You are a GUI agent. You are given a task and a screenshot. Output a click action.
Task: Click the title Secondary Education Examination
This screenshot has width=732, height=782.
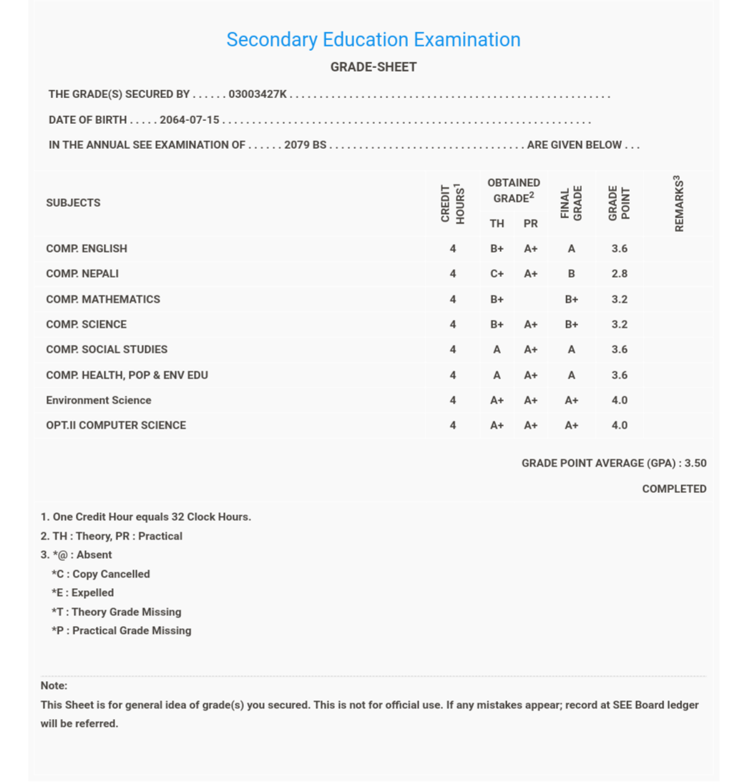click(x=373, y=40)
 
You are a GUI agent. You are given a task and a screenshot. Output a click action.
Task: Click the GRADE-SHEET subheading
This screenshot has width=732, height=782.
click(x=373, y=67)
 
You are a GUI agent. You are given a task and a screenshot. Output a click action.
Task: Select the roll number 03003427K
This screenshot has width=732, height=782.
click(x=258, y=94)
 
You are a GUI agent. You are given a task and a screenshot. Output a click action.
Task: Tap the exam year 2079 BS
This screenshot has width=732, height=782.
click(x=305, y=145)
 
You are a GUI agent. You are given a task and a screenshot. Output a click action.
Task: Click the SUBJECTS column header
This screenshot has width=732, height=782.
click(x=73, y=203)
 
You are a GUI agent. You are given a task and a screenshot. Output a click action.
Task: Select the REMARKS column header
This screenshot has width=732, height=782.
click(x=679, y=204)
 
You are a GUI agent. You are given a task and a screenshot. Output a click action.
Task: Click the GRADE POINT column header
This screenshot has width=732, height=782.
click(x=619, y=203)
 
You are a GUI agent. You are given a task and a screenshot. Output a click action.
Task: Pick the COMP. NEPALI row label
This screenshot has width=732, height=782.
click(x=82, y=274)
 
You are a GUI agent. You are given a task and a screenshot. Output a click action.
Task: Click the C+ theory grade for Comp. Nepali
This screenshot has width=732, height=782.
click(x=497, y=274)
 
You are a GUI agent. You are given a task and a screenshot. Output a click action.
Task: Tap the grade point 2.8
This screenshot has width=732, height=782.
click(x=619, y=274)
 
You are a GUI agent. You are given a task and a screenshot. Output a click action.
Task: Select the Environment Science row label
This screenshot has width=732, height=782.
click(x=99, y=401)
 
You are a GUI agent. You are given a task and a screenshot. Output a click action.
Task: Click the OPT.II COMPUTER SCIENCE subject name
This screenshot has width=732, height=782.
click(x=116, y=426)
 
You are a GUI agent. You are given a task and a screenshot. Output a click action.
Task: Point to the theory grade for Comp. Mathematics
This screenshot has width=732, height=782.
click(x=497, y=300)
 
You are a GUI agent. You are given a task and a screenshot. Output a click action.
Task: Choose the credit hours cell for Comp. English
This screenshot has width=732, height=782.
click(x=452, y=249)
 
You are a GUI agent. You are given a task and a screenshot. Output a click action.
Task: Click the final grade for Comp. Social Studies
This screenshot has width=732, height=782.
click(x=571, y=350)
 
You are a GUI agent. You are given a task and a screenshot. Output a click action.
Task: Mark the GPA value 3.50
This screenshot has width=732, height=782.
click(x=695, y=464)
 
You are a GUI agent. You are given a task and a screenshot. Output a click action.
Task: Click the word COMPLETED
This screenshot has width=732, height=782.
click(x=674, y=489)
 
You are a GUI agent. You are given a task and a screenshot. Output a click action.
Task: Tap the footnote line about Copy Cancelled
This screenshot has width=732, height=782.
click(x=101, y=575)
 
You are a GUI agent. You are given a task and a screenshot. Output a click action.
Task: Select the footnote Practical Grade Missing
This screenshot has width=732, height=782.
click(x=122, y=631)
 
